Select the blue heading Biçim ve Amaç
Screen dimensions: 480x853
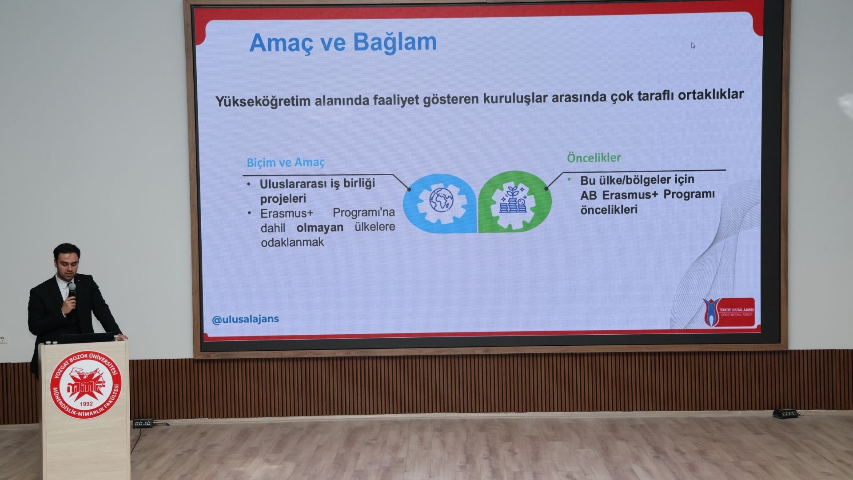pos(286,163)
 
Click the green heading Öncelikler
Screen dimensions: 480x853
pos(594,158)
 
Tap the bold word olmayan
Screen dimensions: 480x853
pos(320,228)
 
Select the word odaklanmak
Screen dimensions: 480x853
pos(292,243)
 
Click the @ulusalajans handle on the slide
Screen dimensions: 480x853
pos(246,320)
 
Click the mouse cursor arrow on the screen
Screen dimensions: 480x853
pos(693,45)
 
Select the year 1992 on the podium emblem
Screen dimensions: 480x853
pos(86,404)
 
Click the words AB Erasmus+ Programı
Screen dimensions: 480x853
pos(647,195)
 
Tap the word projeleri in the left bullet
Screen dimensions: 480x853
pos(283,198)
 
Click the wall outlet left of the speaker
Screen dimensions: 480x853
pos(4,339)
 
